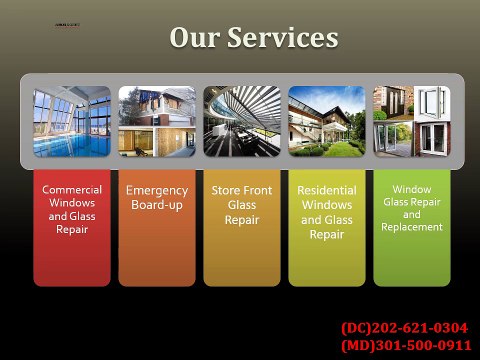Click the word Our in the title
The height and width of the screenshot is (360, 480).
[x=192, y=38]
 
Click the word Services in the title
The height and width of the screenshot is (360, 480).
[x=276, y=38]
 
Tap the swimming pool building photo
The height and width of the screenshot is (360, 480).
[x=72, y=121]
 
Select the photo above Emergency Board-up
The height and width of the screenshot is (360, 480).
[x=157, y=121]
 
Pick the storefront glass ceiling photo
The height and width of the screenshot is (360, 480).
[x=242, y=121]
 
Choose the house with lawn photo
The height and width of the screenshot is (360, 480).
[x=327, y=121]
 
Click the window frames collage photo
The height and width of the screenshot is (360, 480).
[x=411, y=121]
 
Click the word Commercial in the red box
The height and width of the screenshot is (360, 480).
[x=72, y=189]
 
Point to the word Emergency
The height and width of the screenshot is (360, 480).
[x=157, y=190]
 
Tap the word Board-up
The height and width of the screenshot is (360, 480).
[x=157, y=205]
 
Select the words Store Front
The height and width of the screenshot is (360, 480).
[x=242, y=190]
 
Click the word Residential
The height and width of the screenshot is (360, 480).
[x=327, y=190]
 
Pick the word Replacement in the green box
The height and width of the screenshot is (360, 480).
[x=411, y=227]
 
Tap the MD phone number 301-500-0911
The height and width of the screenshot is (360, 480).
[x=420, y=345]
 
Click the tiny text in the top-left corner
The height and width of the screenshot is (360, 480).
[x=67, y=23]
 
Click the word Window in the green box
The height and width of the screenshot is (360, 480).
[x=412, y=188]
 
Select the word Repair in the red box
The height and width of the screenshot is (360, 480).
[x=72, y=229]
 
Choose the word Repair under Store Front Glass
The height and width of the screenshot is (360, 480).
[x=242, y=221]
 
